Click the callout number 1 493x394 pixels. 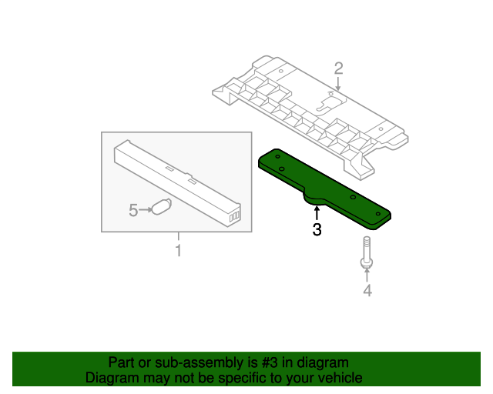click(x=178, y=251)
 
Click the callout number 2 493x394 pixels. click(x=338, y=68)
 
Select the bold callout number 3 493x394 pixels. click(x=316, y=229)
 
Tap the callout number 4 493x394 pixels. click(x=367, y=290)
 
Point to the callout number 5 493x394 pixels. click(x=133, y=209)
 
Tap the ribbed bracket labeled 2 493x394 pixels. click(x=308, y=108)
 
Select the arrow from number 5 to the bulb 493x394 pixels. click(x=146, y=209)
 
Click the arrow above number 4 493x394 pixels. click(x=367, y=276)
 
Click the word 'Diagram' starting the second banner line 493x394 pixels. click(x=112, y=378)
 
